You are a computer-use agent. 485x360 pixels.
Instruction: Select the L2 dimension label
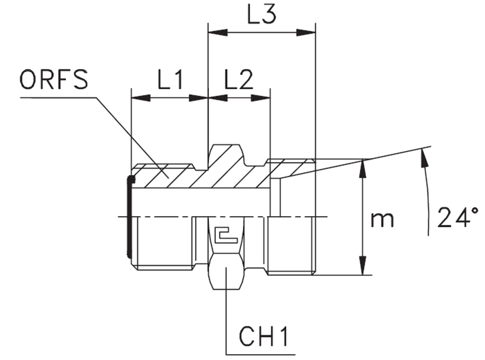pos(238,80)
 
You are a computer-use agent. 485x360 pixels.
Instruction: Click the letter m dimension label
pos(382,220)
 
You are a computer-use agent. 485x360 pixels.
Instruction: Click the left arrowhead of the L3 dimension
pos(217,33)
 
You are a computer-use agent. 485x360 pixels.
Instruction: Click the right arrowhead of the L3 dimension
pos(306,33)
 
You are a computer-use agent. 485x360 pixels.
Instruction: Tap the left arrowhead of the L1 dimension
pos(141,98)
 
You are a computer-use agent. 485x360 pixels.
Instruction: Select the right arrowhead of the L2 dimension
pos(260,98)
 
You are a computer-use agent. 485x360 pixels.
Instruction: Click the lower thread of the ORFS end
pos(165,242)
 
